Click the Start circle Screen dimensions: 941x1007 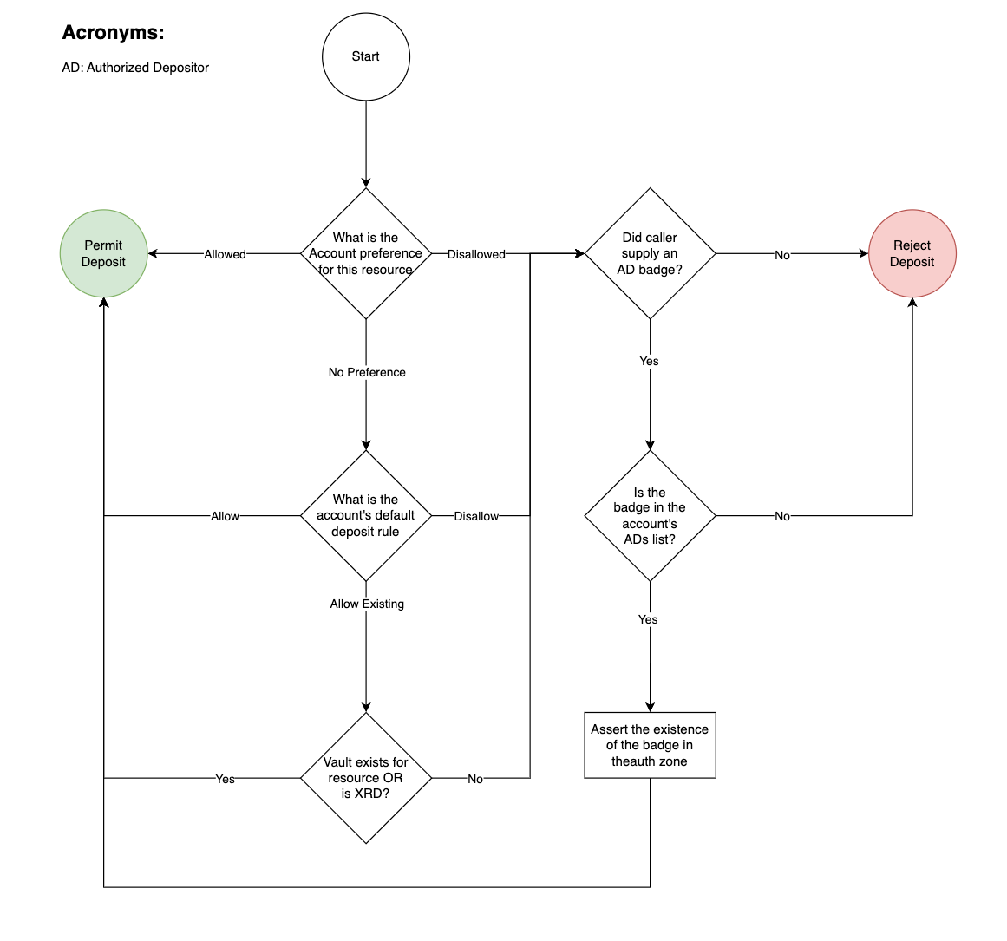365,57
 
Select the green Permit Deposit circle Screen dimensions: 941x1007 103,253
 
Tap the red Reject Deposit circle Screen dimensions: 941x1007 912,253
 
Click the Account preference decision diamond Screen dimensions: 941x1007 365,253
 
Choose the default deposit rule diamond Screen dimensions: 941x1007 365,515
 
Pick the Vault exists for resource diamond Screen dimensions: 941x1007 365,778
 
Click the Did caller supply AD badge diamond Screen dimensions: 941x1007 650,253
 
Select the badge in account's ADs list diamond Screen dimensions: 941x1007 650,515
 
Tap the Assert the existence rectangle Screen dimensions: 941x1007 650,745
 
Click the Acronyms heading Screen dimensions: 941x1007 113,33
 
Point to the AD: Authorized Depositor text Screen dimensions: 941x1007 135,68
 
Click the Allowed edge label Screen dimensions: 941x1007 225,254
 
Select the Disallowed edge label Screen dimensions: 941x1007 476,254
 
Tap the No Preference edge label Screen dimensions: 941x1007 367,372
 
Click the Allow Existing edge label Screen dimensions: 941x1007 367,604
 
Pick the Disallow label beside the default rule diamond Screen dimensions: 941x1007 476,516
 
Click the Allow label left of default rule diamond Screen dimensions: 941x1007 225,516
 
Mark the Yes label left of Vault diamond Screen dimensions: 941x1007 225,779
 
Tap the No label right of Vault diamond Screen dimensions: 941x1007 475,779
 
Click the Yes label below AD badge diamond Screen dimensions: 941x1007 649,361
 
